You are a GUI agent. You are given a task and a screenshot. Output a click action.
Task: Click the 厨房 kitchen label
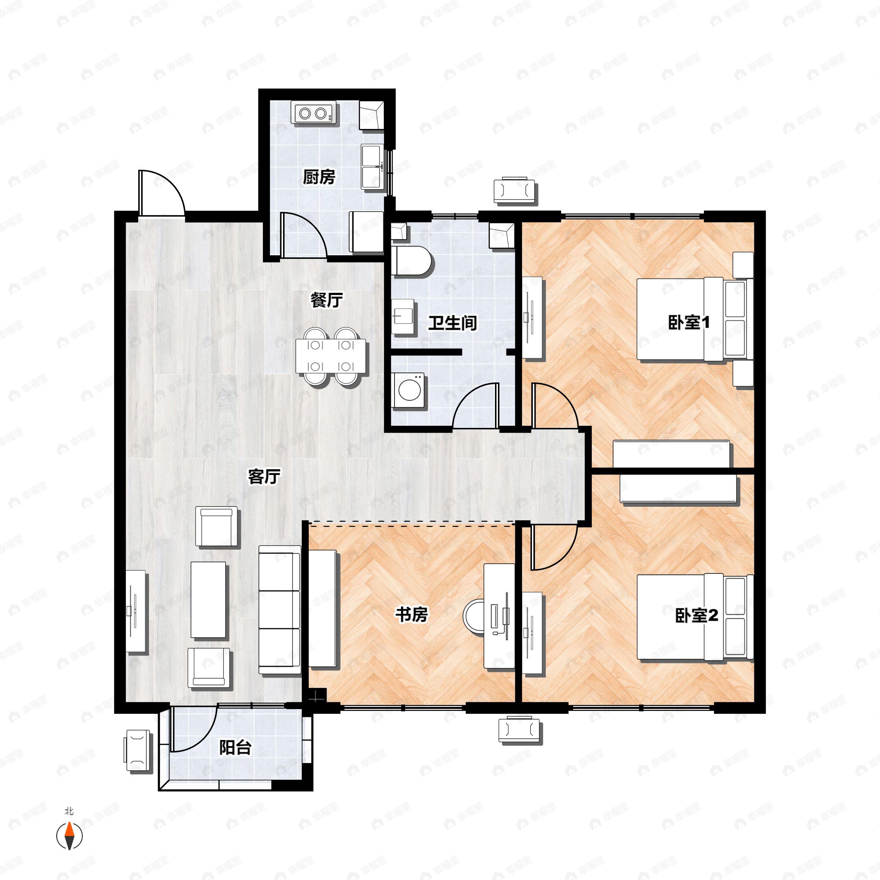pyautogui.click(x=319, y=177)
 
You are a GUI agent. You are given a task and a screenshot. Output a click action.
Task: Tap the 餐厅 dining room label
pyautogui.click(x=326, y=300)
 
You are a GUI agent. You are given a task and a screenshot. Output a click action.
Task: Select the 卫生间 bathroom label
pyautogui.click(x=452, y=323)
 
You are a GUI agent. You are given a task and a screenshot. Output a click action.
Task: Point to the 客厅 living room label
pyautogui.click(x=264, y=477)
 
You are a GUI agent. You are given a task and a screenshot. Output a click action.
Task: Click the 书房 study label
pyautogui.click(x=411, y=615)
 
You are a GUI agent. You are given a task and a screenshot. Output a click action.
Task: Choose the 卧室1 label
pyautogui.click(x=688, y=323)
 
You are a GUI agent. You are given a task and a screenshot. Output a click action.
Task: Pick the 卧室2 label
pyautogui.click(x=696, y=616)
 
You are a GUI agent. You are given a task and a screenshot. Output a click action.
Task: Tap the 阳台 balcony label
pyautogui.click(x=235, y=748)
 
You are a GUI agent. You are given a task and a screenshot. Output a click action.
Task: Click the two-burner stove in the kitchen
pyautogui.click(x=314, y=113)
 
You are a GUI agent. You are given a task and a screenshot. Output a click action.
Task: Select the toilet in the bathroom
pyautogui.click(x=412, y=261)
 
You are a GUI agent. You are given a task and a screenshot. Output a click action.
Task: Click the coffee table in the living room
pyautogui.click(x=208, y=599)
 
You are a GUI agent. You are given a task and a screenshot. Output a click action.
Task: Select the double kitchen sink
pyautogui.click(x=373, y=167)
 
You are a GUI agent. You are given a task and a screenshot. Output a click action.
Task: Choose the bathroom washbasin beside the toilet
pyautogui.click(x=403, y=316)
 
